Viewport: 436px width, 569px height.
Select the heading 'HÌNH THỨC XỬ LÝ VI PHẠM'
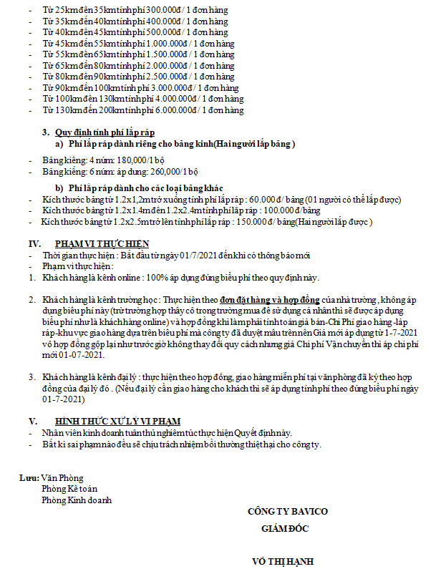(x=117, y=421)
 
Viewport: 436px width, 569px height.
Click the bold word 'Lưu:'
(x=30, y=478)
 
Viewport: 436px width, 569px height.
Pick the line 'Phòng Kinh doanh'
(x=77, y=500)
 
